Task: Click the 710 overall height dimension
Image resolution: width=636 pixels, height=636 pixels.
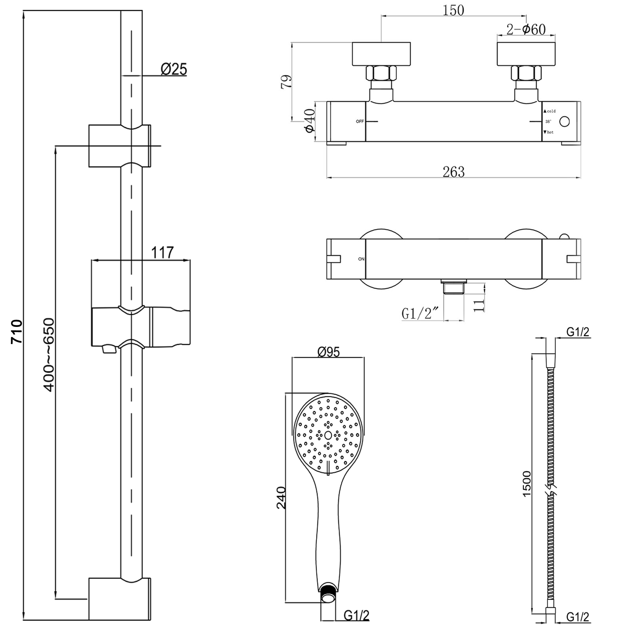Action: (17, 331)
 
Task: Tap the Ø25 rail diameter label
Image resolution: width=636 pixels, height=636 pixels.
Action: (174, 69)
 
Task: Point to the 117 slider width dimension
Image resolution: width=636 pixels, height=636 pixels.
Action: (162, 253)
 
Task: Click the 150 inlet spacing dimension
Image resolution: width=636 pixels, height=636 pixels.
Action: (453, 10)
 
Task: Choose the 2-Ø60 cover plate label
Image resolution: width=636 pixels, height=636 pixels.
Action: (526, 30)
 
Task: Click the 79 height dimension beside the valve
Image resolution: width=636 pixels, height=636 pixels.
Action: (287, 81)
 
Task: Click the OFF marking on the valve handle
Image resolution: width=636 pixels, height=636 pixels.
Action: (360, 121)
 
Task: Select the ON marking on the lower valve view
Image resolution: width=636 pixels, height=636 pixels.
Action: (361, 259)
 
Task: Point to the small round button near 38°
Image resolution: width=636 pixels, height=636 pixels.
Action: (564, 121)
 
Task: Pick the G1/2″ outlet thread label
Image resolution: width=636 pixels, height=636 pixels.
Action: (420, 314)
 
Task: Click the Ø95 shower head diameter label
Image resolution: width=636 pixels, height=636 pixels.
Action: (328, 352)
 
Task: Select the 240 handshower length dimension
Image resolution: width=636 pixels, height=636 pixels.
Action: (281, 498)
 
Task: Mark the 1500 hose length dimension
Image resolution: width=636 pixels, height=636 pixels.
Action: (527, 484)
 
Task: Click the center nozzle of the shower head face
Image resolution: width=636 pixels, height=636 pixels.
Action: (328, 436)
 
